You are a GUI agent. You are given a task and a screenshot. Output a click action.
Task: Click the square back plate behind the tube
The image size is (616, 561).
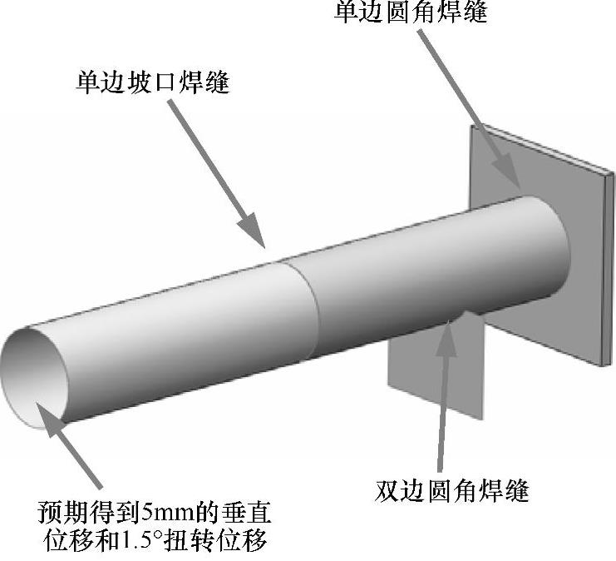[582, 275]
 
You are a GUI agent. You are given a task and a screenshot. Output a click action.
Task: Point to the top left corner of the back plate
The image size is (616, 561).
[471, 127]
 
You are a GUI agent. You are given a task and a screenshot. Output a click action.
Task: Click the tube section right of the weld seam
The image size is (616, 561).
[416, 266]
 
